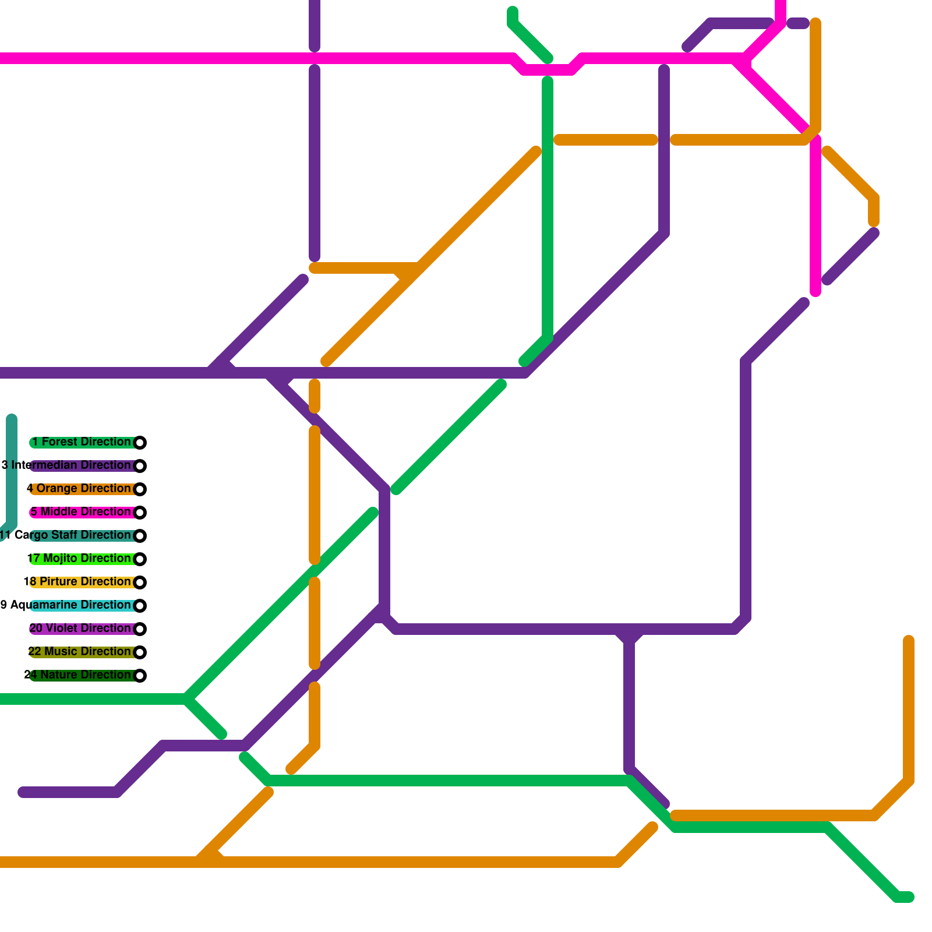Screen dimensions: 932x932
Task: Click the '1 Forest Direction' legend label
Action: pos(82,442)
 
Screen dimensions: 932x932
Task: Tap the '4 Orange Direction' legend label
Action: pos(79,489)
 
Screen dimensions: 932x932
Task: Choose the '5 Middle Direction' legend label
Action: pos(80,512)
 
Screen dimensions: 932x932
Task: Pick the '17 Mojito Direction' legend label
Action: pos(79,559)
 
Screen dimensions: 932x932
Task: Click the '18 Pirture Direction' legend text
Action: pos(77,582)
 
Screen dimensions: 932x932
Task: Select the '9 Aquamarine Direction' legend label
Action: pos(66,605)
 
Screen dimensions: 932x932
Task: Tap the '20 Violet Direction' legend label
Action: pos(80,629)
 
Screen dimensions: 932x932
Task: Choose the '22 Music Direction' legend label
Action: pos(80,652)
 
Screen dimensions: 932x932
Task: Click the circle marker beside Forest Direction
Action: pos(140,443)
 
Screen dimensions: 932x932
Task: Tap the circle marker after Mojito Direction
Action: pos(140,559)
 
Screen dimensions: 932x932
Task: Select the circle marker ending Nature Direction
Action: pos(140,676)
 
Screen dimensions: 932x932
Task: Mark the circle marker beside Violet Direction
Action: pos(140,629)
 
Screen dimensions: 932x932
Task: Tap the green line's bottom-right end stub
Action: pos(905,897)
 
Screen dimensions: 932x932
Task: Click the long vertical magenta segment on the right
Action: pos(815,216)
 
